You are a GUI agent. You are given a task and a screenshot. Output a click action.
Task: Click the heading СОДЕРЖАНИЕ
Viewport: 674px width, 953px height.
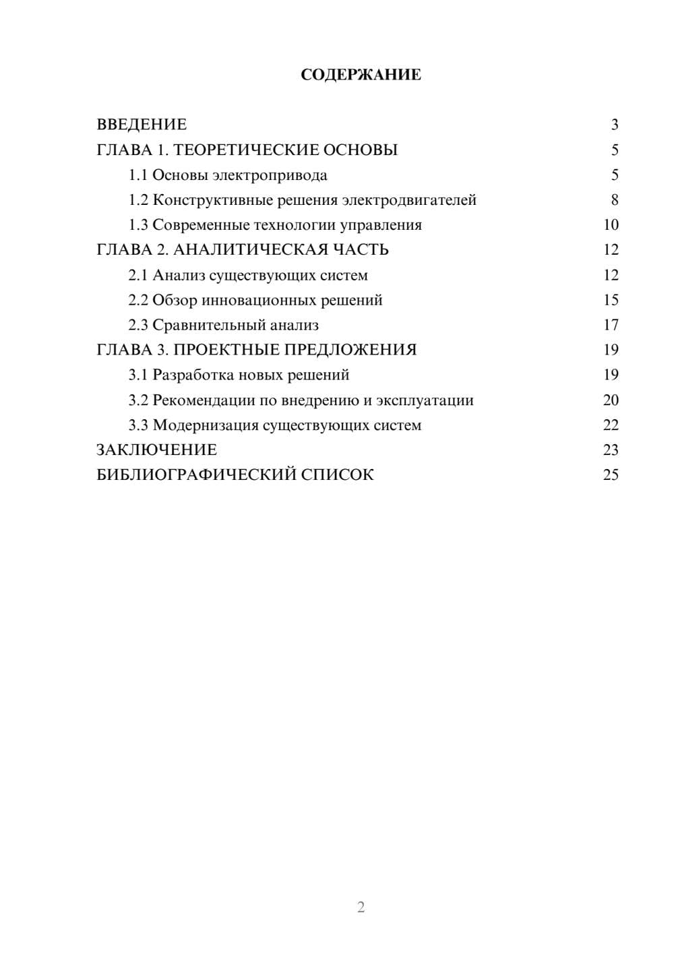[x=361, y=75]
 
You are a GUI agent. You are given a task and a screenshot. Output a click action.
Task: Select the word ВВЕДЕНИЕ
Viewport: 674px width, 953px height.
[x=142, y=125]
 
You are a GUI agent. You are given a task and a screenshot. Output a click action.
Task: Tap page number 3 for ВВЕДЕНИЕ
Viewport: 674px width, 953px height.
[x=614, y=125]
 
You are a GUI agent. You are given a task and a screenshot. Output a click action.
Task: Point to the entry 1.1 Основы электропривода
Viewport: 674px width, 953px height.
[x=228, y=175]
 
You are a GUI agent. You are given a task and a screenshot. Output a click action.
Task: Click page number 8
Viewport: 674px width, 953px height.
[x=614, y=200]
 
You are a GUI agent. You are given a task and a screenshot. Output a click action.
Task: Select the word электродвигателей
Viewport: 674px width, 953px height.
[x=409, y=200]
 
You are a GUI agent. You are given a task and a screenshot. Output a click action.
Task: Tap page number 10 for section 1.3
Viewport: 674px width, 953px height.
[x=611, y=225]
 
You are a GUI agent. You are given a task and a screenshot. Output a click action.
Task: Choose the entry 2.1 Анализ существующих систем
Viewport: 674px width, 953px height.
[x=248, y=275]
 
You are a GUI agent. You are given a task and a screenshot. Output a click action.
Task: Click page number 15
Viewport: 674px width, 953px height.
[x=611, y=300]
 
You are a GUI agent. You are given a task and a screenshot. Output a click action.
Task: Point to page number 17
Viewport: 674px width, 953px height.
[x=611, y=326]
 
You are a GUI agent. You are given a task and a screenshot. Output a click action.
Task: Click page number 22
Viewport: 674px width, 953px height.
[x=611, y=425]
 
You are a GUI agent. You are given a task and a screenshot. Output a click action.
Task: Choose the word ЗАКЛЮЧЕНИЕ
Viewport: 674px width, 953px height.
[x=156, y=450]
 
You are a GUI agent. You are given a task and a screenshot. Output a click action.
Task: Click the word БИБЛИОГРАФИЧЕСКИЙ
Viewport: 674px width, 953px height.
[x=195, y=475]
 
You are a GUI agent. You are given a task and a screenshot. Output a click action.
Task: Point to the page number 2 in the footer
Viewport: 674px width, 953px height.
[x=361, y=907]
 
